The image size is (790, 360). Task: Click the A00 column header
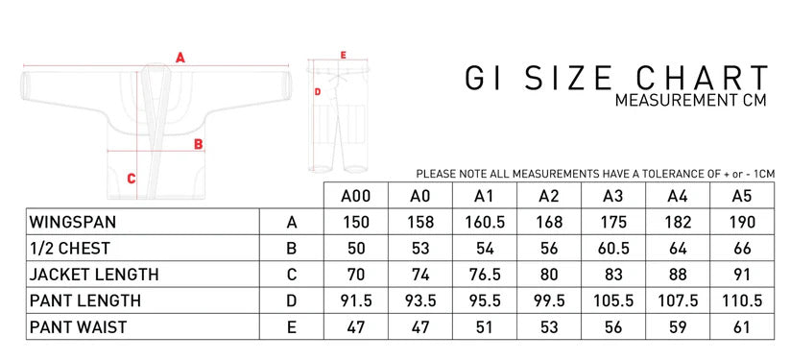[x=355, y=197]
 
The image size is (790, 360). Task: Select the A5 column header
[x=739, y=197]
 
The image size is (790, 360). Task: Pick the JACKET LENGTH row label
[x=93, y=275]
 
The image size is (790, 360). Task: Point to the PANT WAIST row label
[x=79, y=326]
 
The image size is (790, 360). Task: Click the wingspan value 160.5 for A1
[x=484, y=222]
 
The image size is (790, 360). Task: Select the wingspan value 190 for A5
[x=739, y=222]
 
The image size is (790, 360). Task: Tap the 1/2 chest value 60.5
[x=611, y=249]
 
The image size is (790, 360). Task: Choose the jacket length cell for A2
[x=548, y=275]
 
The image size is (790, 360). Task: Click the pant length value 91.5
[x=355, y=300]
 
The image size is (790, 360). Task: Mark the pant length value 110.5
[x=739, y=300]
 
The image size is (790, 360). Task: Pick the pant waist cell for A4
[x=676, y=326]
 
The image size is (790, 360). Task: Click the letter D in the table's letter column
[x=291, y=300]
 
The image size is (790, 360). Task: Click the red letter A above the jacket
[x=180, y=57]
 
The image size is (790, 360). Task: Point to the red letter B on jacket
[x=199, y=144]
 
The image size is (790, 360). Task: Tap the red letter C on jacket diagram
[x=131, y=178]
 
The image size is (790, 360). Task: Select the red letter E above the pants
[x=343, y=55]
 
